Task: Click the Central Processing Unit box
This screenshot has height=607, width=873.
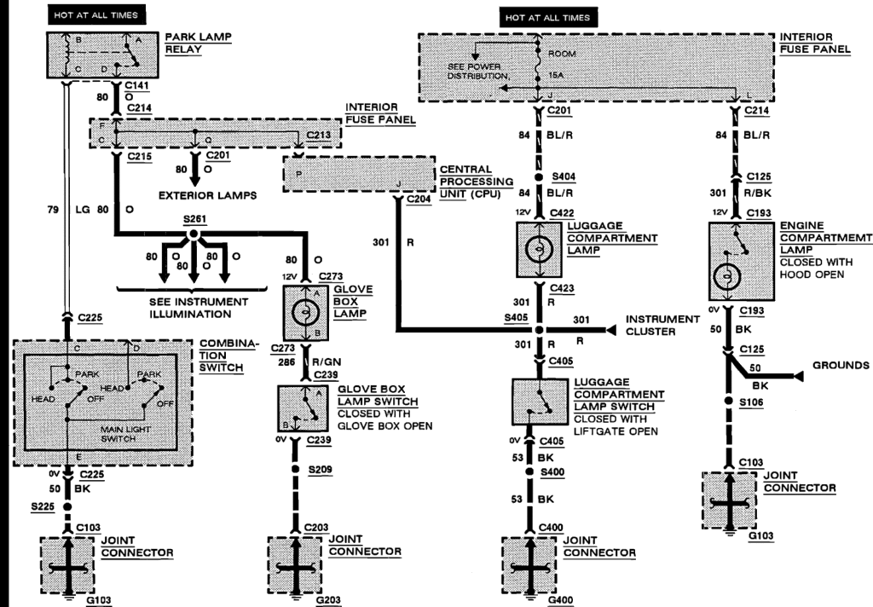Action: click(357, 174)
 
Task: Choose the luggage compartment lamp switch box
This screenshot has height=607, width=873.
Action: click(540, 401)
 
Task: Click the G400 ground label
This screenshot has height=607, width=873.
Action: click(561, 600)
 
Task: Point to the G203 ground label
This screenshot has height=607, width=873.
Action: click(327, 600)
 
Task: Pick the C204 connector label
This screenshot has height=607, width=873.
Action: click(419, 198)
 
